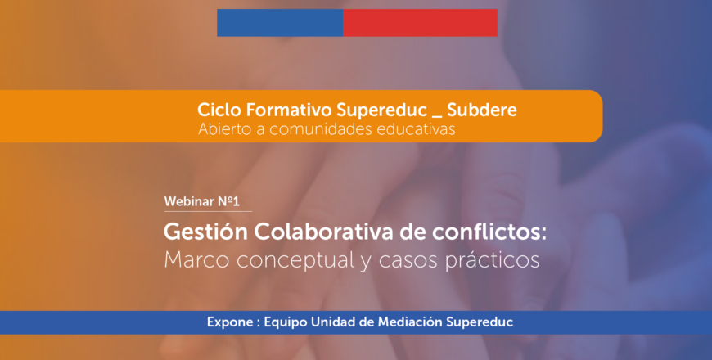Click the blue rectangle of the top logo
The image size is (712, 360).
280,23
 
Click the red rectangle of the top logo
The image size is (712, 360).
421,23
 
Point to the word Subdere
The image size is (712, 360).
482,110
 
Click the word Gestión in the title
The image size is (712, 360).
205,232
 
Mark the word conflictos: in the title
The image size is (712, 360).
489,232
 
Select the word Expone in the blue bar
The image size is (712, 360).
230,322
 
